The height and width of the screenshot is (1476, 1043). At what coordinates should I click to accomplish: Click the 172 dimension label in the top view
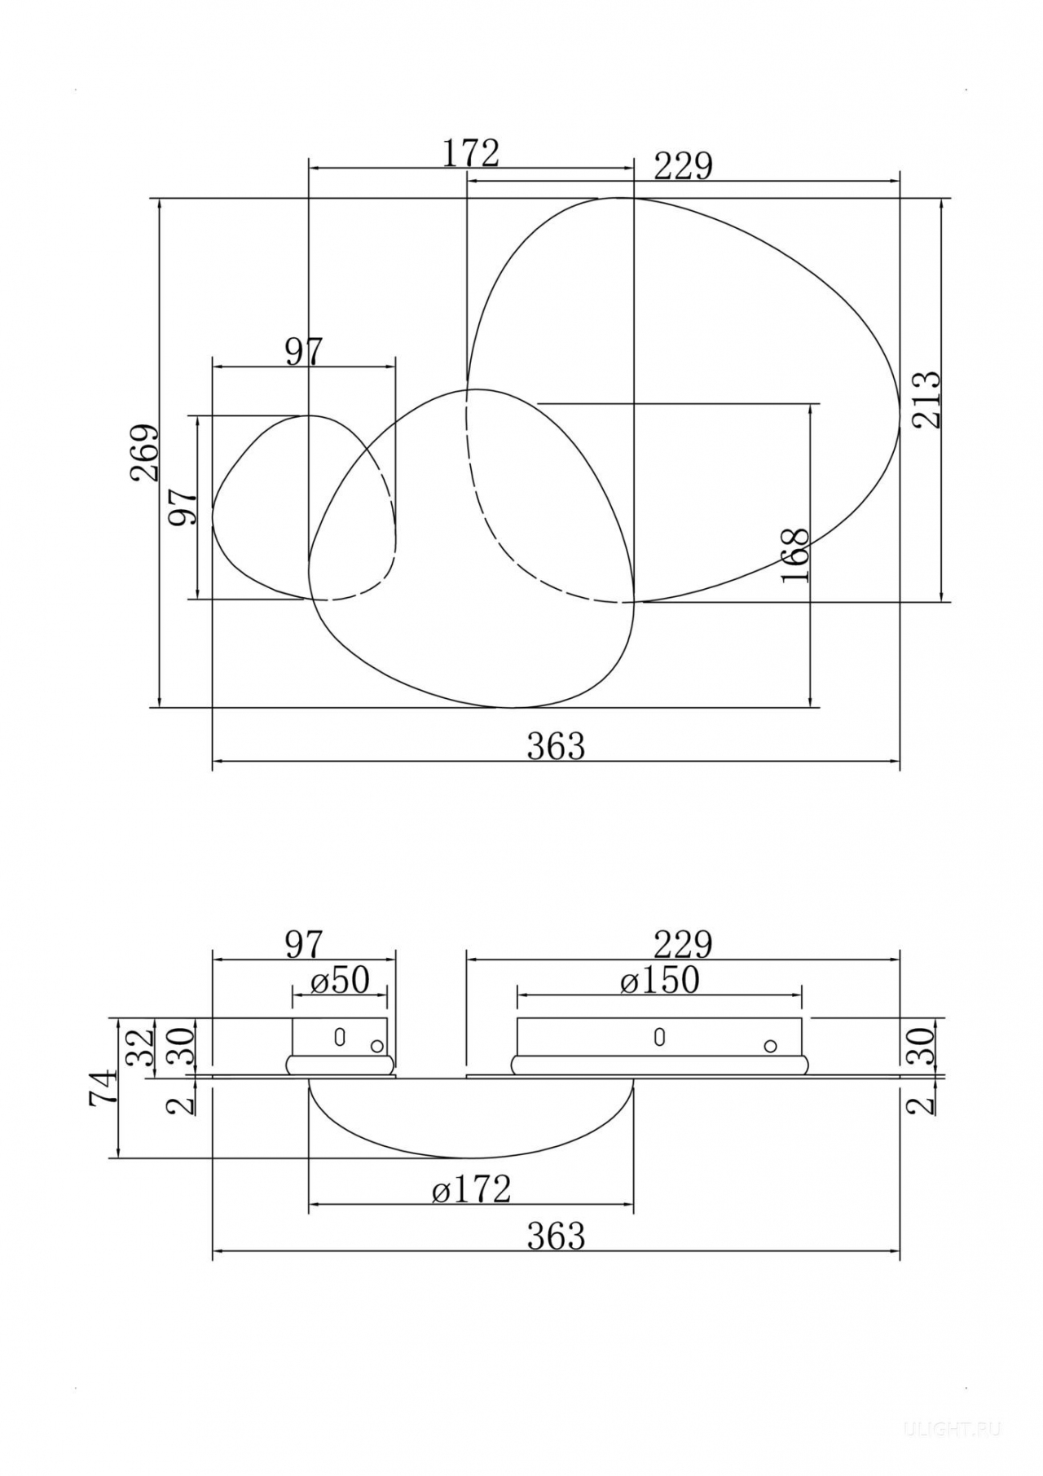pos(470,152)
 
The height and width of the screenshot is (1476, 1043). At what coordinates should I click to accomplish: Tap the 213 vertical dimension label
pos(926,399)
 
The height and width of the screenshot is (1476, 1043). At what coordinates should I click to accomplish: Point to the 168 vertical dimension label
pos(795,555)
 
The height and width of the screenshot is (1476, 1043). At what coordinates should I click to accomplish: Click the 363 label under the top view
pos(556,746)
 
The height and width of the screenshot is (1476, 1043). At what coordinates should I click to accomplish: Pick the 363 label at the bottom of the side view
pos(556,1237)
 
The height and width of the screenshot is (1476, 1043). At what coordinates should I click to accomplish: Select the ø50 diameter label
pos(340,980)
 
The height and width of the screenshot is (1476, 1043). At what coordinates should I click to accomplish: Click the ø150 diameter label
pos(659,980)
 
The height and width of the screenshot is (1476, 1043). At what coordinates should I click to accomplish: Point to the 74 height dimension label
pos(103,1087)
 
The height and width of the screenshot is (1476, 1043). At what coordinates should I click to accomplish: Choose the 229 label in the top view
pos(683,166)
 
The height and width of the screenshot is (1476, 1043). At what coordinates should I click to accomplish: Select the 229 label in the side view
pos(683,945)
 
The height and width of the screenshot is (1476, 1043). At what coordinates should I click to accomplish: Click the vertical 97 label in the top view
pos(183,507)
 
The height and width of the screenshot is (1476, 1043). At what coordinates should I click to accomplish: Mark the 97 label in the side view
pos(304,945)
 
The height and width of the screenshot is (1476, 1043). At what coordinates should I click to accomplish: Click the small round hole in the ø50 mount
pos(376,1046)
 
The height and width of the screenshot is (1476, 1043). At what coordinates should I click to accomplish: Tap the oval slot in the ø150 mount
pos(659,1037)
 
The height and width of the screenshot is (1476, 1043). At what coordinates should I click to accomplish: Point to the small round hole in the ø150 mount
pos(770,1046)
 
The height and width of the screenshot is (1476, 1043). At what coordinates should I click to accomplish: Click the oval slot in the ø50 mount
pos(340,1037)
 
